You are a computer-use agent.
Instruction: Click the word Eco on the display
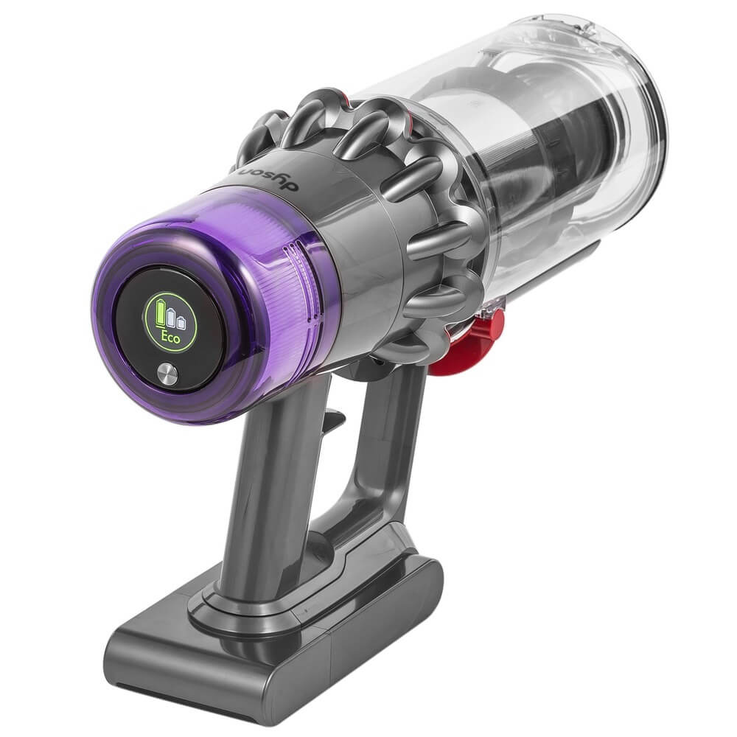(x=171, y=337)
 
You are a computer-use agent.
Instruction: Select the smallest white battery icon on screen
(x=181, y=322)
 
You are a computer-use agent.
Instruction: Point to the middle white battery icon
(x=172, y=318)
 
